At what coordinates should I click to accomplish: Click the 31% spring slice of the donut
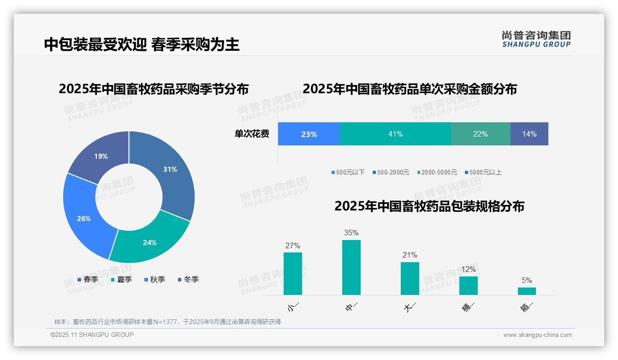click(170, 169)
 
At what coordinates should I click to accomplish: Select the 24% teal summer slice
click(150, 242)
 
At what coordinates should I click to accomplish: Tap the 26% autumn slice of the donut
click(84, 218)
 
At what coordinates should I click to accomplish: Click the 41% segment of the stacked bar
click(395, 134)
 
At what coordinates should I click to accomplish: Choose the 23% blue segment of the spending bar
click(309, 134)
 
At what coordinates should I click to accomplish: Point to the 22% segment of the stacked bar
click(480, 134)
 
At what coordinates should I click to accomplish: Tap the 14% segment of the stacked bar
click(529, 134)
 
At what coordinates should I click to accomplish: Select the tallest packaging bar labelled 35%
click(351, 267)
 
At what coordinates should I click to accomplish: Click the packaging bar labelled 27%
click(292, 273)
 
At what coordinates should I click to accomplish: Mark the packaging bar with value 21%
click(410, 278)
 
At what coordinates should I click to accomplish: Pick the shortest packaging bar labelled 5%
click(527, 291)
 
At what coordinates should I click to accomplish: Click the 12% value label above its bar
click(468, 269)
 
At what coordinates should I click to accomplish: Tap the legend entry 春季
click(88, 279)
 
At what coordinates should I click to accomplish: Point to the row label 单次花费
click(252, 134)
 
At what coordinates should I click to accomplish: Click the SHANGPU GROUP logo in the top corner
click(536, 39)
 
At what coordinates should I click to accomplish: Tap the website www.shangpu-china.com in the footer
click(537, 335)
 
